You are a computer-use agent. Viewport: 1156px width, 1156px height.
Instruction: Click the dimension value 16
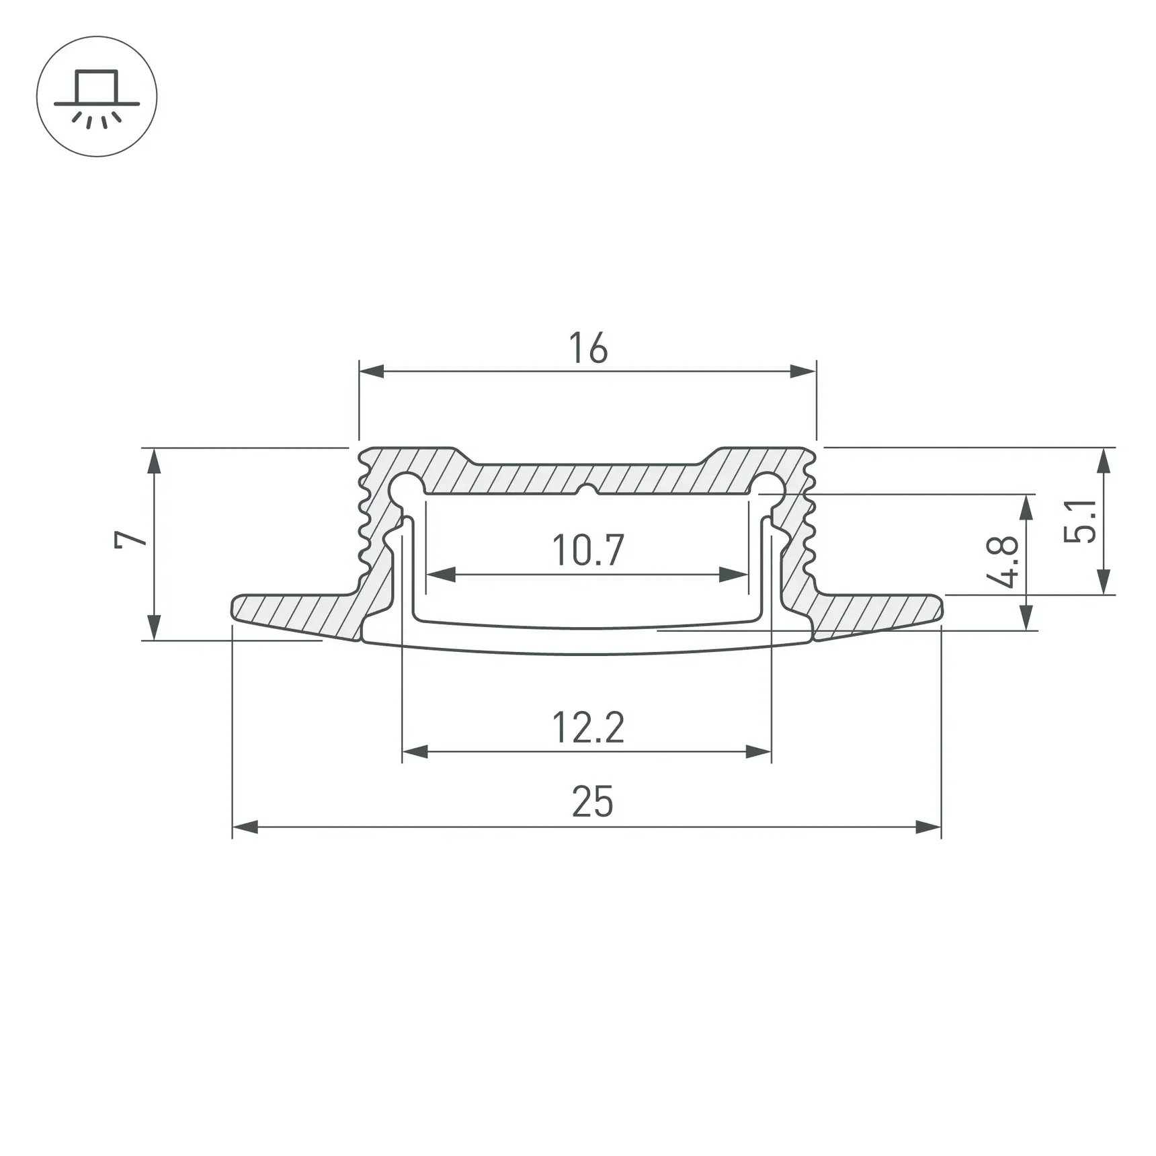click(x=588, y=348)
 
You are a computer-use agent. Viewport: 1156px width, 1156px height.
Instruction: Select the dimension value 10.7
click(x=588, y=550)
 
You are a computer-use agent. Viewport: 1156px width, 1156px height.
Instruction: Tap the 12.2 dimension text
click(x=588, y=727)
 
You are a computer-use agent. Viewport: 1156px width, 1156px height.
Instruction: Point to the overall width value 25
click(x=592, y=802)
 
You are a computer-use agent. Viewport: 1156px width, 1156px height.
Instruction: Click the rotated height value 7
click(x=130, y=539)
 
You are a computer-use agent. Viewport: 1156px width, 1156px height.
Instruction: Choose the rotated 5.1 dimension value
click(x=1080, y=521)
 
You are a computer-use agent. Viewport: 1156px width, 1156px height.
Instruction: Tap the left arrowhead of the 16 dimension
click(x=372, y=371)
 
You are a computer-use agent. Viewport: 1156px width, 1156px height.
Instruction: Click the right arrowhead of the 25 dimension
click(x=928, y=827)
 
